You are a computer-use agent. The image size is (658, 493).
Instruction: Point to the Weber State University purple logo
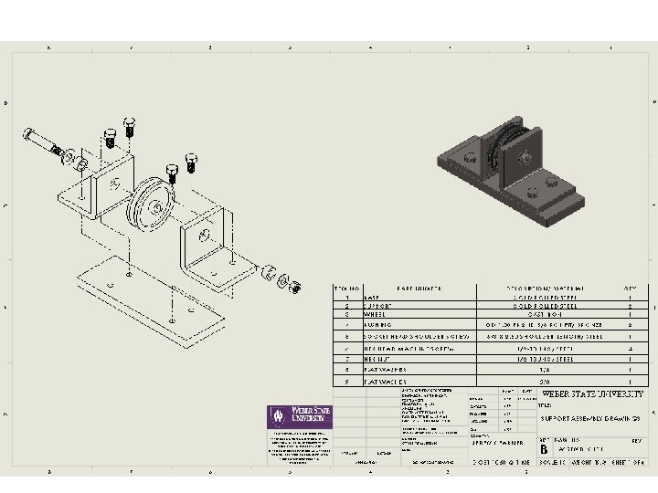tap(299, 416)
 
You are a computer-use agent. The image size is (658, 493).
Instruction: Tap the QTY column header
tap(630, 288)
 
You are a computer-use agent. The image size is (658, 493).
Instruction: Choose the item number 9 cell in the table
tap(347, 382)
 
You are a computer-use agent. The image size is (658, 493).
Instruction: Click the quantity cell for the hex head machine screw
tap(630, 348)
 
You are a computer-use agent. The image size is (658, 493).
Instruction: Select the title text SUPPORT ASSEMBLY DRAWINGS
tap(589, 418)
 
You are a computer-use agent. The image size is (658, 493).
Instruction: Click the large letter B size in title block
tap(545, 449)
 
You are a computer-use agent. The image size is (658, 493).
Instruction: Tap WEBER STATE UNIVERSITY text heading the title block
tap(592, 394)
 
